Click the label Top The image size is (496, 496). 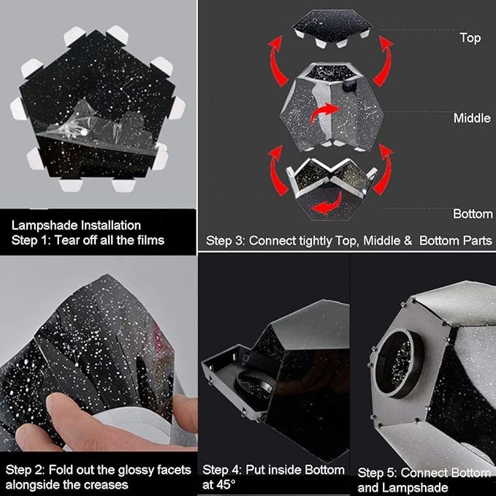(x=470, y=38)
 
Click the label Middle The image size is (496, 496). (x=472, y=118)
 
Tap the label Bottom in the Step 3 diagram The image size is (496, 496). (x=473, y=214)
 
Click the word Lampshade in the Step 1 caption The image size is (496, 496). (x=45, y=226)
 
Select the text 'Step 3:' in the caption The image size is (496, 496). (x=226, y=241)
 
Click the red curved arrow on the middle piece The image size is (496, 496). (x=324, y=113)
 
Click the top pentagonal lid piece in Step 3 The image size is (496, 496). (x=332, y=27)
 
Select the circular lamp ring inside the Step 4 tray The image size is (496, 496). (x=254, y=384)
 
